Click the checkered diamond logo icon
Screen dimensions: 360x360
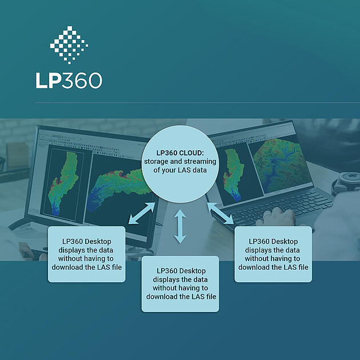pos(69,44)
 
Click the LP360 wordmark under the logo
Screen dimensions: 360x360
pos(69,79)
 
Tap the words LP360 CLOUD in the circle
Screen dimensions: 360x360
pos(169,153)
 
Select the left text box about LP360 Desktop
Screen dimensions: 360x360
pos(86,254)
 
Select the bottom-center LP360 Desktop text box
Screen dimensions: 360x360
pos(180,283)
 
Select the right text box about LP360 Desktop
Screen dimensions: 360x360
pos(273,254)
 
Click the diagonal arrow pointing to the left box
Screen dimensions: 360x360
pos(141,213)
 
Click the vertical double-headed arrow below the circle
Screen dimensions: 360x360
pos(180,226)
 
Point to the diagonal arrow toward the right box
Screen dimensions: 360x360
pos(220,213)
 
